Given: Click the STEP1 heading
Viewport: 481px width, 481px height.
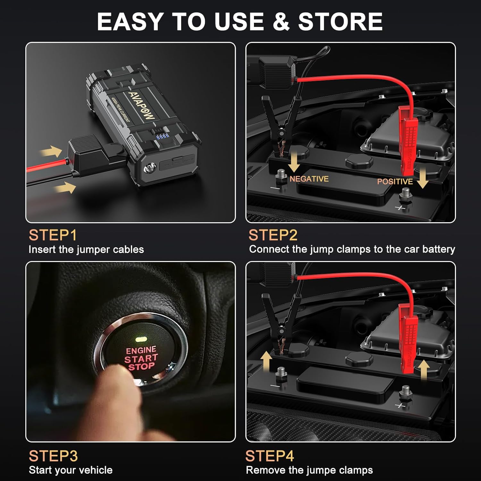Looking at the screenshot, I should [x=53, y=235].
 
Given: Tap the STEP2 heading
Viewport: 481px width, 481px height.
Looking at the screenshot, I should [x=273, y=235].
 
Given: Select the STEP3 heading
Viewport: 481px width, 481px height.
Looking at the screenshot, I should [x=53, y=456].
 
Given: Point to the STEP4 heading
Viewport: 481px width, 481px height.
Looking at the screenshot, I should [x=270, y=456].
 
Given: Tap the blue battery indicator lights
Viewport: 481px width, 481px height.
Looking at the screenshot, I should [x=162, y=137].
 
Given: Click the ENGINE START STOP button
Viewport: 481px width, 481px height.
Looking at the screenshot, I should [x=141, y=356].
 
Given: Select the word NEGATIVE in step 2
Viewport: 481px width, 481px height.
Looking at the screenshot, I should [x=309, y=179].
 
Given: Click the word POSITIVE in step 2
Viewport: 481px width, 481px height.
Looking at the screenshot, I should [x=395, y=181].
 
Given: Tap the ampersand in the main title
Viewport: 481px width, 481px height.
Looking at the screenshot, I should [x=281, y=22].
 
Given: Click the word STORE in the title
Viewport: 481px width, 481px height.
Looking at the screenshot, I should [x=340, y=22].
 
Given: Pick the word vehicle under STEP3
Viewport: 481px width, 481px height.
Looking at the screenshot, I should [x=96, y=470].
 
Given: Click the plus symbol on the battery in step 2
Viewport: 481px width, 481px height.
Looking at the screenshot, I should [x=400, y=208].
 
